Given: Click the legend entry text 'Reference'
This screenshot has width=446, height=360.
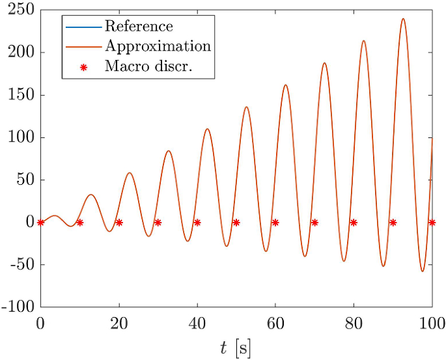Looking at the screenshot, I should coord(139,27).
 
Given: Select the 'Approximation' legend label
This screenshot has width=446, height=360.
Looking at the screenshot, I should coord(158,46).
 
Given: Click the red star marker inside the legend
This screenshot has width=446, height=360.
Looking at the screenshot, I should coord(83,67).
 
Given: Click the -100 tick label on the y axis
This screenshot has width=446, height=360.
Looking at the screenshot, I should coord(20,307).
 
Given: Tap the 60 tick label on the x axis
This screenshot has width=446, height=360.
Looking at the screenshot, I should coord(275,322).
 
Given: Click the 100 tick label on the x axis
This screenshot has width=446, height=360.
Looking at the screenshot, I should coord(432,322).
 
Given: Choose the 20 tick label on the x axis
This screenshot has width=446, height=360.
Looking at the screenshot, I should coord(119,322).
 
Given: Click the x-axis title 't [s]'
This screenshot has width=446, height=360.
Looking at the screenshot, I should coord(236,348).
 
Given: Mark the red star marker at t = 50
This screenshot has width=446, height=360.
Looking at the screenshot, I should coord(236,223).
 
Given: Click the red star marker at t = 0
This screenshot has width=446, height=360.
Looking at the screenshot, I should coord(41,223).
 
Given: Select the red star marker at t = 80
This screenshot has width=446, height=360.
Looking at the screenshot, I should coord(354,223).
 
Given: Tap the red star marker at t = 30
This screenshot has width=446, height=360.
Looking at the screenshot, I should coord(158,223).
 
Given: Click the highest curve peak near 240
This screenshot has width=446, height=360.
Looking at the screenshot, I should coord(403,18).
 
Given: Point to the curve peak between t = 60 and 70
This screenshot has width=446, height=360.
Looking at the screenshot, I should coord(285,85).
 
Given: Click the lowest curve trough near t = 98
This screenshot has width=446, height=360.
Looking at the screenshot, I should coord(423,271).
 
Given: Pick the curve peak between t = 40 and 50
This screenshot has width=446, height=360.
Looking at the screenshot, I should coord(207,129).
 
